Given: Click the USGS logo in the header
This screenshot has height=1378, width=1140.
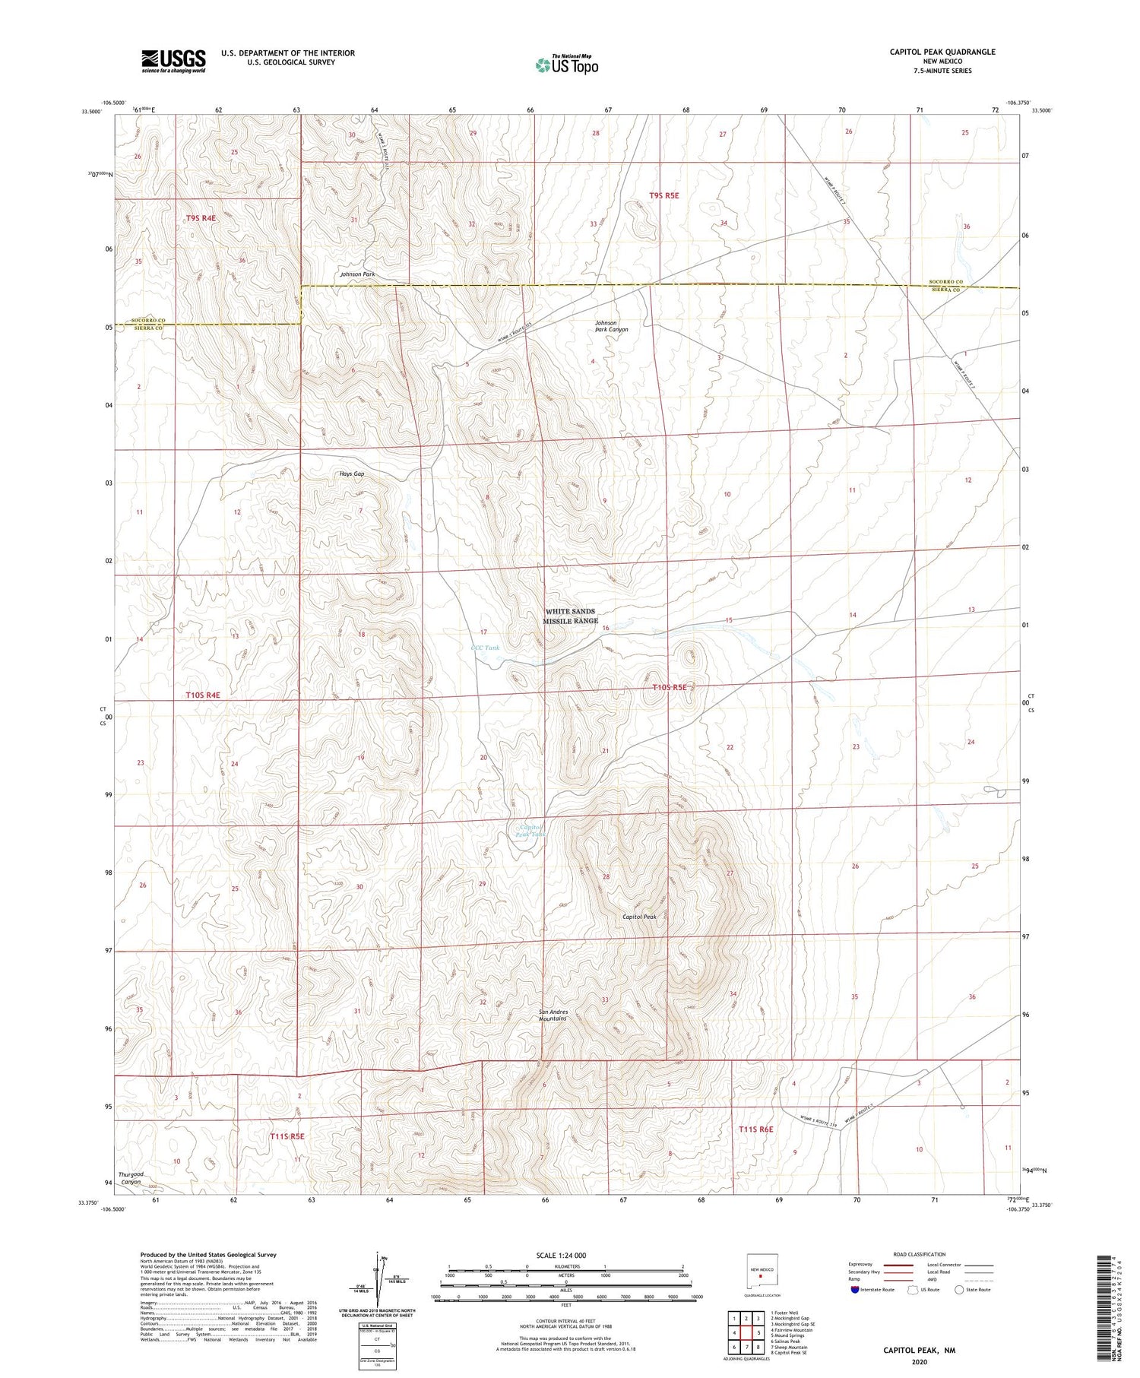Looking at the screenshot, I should [x=173, y=61].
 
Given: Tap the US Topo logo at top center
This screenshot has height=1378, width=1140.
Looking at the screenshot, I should [x=567, y=65].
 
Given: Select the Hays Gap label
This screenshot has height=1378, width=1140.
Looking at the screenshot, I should [x=351, y=474].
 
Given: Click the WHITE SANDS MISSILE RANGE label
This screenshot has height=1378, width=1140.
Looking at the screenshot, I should [x=570, y=616].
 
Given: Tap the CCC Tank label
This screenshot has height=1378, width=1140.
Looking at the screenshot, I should [x=485, y=648].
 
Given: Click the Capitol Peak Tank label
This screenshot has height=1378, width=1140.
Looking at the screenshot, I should [x=530, y=830].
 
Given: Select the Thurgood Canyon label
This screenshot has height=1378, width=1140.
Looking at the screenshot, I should [x=131, y=1178].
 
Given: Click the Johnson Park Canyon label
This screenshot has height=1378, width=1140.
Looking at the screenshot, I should [x=611, y=326].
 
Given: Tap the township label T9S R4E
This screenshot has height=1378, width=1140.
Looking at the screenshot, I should [x=201, y=218].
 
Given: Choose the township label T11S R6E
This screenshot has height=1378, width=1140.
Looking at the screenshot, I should [x=755, y=1129].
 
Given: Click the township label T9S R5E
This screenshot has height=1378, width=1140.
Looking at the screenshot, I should [x=663, y=195].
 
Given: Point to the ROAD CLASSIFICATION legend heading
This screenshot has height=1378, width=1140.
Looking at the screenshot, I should [x=919, y=1255].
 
